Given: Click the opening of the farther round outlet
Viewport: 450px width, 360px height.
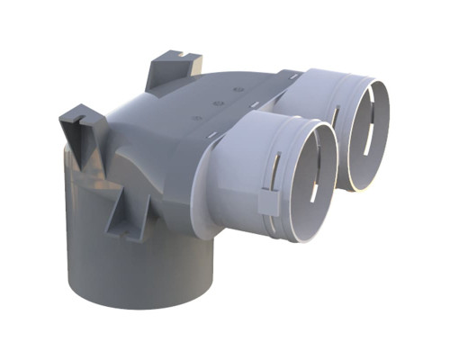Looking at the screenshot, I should tap(364, 135).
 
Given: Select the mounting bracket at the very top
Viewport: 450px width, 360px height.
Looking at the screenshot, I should tap(171, 70).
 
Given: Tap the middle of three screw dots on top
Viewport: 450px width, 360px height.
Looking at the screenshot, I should tap(219, 103).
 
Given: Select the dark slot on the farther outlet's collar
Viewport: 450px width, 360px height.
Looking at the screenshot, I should tap(334, 115).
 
